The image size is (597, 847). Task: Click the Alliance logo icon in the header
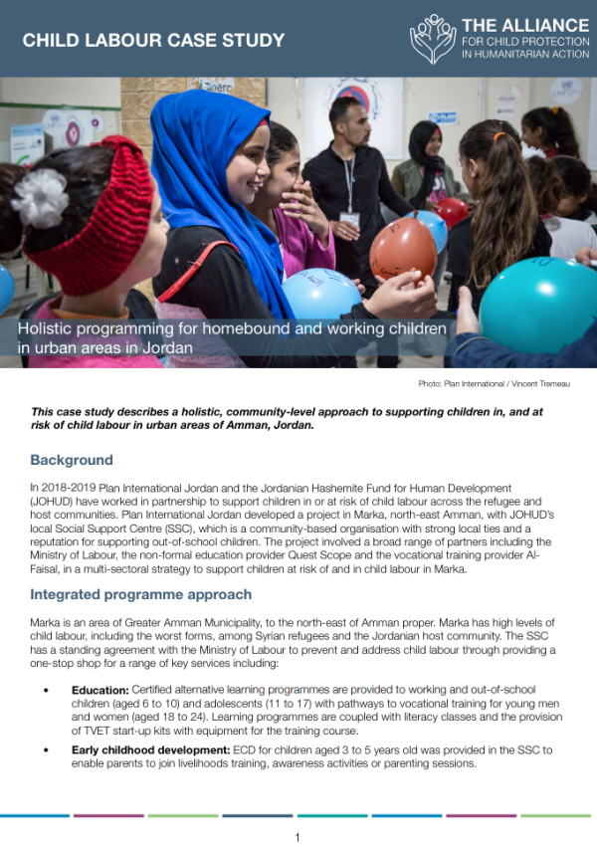point(433,39)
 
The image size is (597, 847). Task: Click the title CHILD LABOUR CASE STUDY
point(153,41)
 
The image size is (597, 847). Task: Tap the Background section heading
point(72,460)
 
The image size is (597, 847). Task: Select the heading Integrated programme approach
point(141,594)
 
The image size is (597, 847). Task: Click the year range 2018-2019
point(70,489)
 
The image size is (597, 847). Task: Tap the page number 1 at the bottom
point(298,837)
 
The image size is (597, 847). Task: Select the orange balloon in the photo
point(402,249)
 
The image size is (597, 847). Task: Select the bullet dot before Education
point(47,689)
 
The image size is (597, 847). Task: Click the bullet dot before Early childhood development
point(47,749)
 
